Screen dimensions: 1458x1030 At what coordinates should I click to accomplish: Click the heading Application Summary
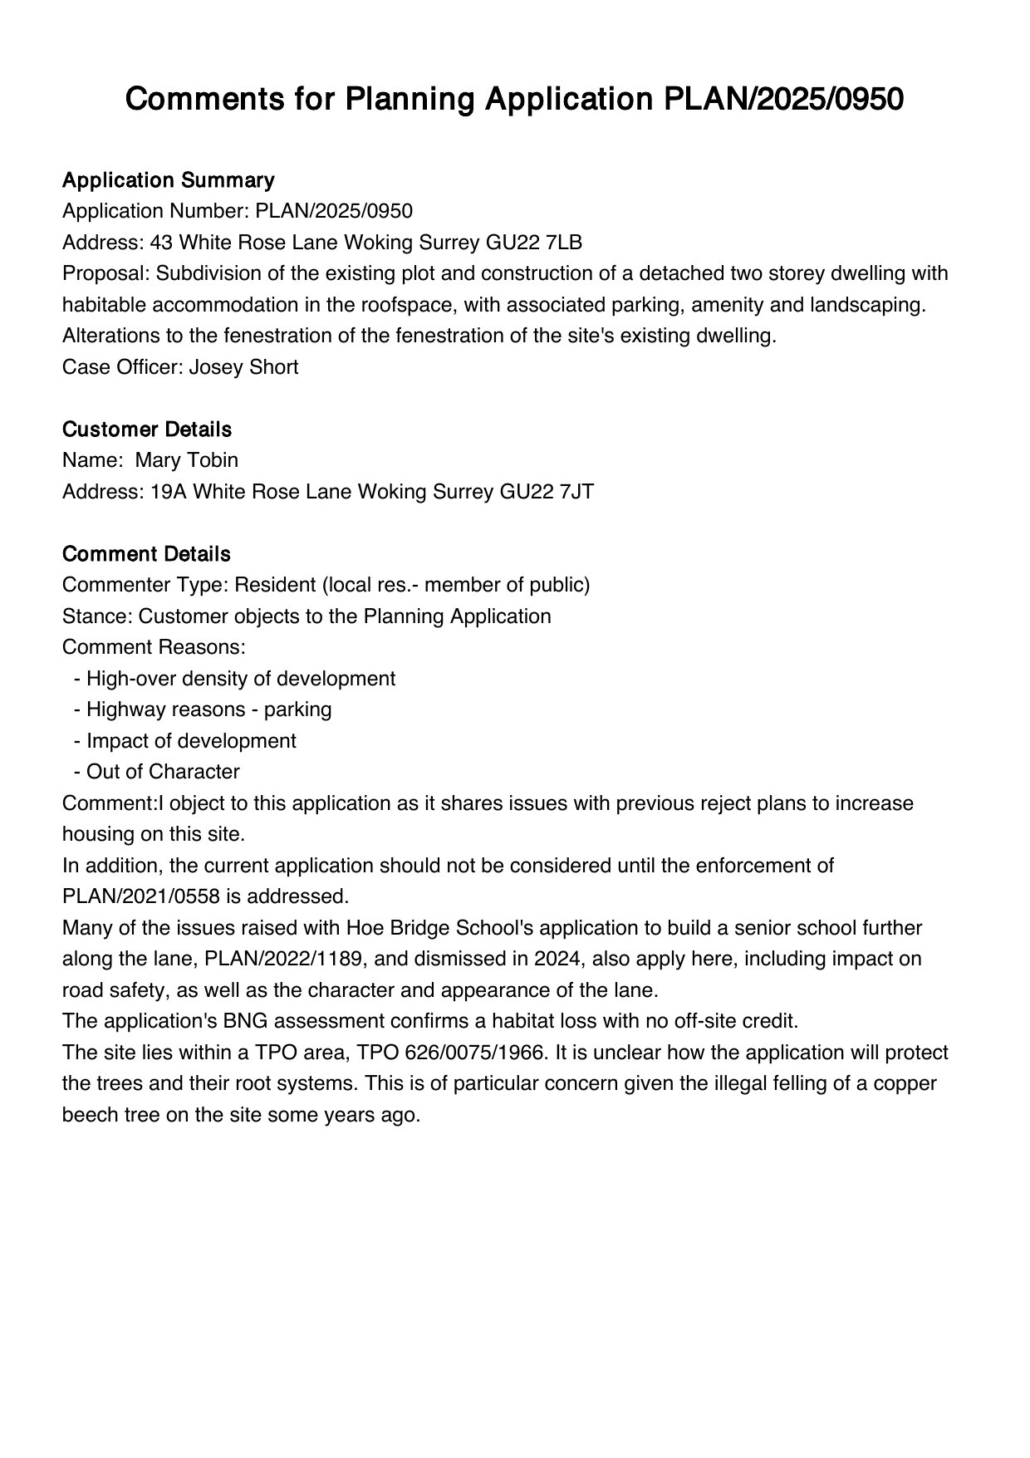tap(168, 180)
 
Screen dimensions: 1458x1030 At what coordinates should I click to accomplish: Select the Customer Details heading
tap(146, 430)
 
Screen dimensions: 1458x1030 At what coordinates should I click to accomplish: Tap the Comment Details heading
tap(146, 554)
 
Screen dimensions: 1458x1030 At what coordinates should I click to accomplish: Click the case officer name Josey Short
tap(243, 367)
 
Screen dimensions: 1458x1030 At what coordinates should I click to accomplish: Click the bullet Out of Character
tap(163, 772)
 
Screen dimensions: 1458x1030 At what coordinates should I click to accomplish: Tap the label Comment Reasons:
tap(154, 647)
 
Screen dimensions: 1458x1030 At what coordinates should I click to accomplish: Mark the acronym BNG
tap(223, 1021)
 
